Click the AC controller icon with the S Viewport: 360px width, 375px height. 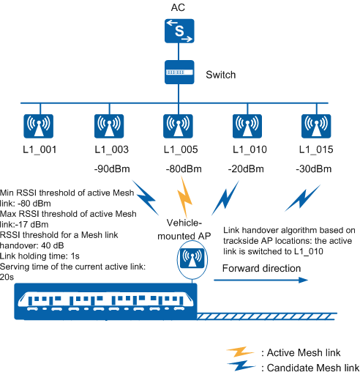(179, 31)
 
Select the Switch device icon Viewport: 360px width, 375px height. (179, 73)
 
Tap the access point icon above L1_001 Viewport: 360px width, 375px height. (38, 126)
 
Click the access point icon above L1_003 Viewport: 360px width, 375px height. (109, 126)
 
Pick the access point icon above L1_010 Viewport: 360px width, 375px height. (247, 126)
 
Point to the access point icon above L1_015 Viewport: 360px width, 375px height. (316, 126)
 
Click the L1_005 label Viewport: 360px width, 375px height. (181, 149)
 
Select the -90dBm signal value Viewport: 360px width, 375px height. (112, 168)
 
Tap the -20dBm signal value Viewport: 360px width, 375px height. (246, 168)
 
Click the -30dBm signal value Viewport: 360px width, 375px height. (314, 168)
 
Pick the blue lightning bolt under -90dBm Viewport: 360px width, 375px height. (146, 198)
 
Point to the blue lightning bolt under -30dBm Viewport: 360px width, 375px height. (302, 198)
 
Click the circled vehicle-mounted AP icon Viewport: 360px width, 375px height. (192, 259)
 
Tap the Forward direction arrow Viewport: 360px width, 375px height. (261, 280)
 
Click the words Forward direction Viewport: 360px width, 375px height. (261, 268)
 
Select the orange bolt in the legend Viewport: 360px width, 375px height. (240, 352)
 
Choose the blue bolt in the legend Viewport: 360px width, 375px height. (241, 365)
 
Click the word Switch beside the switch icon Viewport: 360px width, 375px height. (221, 75)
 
